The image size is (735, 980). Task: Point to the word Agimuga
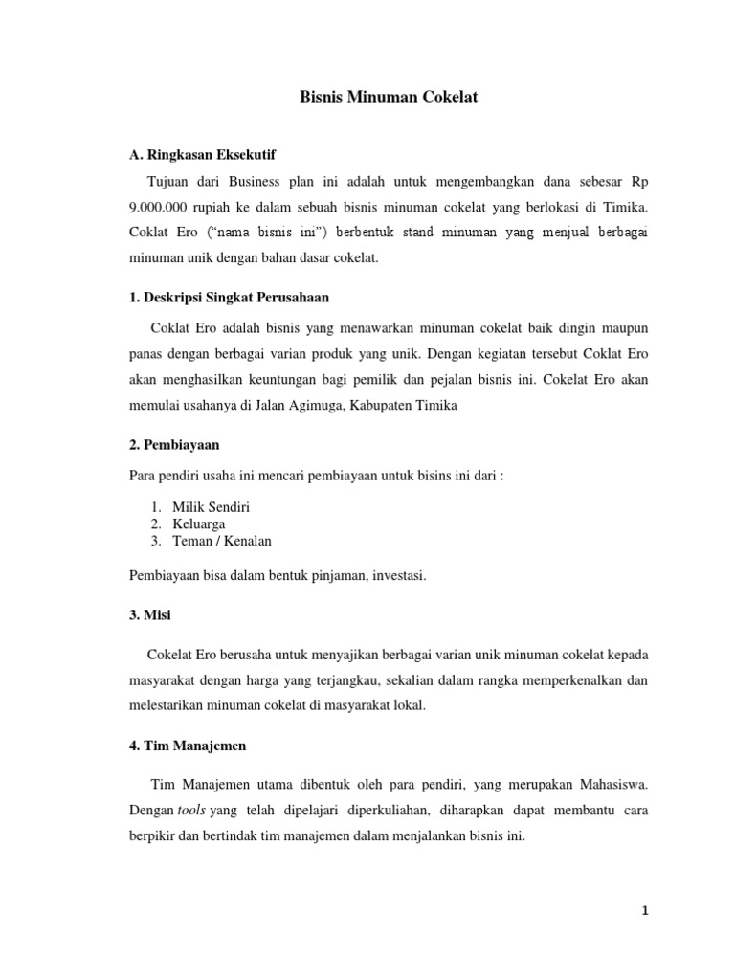(300, 405)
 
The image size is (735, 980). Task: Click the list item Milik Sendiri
(212, 507)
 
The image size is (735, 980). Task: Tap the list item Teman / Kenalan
(222, 541)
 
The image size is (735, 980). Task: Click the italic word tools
(192, 810)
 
